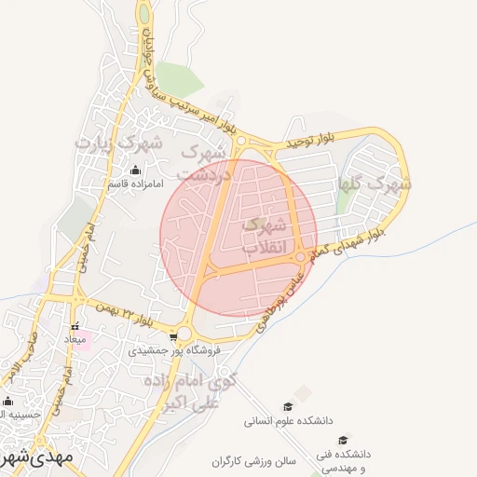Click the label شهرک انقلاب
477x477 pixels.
[265, 237]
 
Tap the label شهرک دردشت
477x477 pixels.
[202, 162]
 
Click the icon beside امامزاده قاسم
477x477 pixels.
[136, 170]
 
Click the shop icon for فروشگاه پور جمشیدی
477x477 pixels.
[173, 337]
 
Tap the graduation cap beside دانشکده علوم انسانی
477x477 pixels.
[288, 407]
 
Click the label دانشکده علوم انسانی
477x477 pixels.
[288, 421]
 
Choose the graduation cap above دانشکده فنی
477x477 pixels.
[343, 440]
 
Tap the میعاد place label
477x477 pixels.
[75, 340]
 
